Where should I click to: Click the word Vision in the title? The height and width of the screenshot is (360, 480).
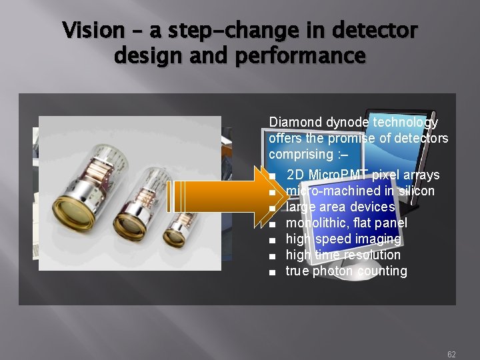click(x=93, y=30)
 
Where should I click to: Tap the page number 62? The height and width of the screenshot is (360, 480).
click(x=451, y=355)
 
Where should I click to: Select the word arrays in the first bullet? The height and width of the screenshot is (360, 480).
click(x=423, y=175)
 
